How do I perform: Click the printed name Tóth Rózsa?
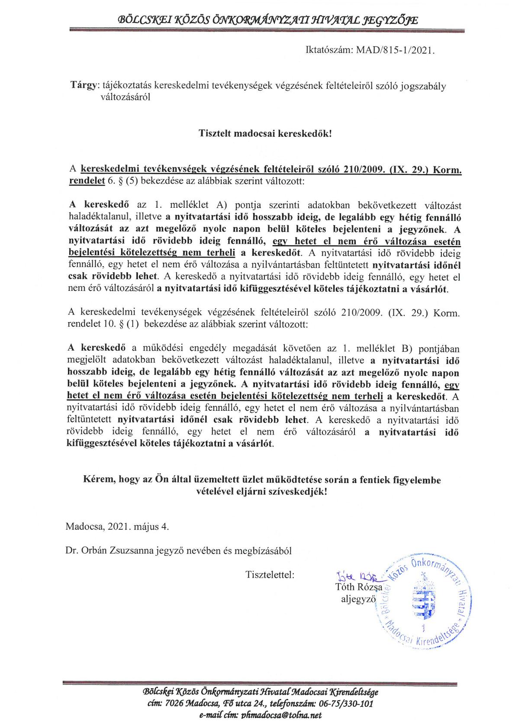[x=359, y=587]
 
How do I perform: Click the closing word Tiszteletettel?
[x=270, y=575]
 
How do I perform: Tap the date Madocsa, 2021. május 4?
[x=117, y=527]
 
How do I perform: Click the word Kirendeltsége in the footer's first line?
[x=354, y=692]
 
